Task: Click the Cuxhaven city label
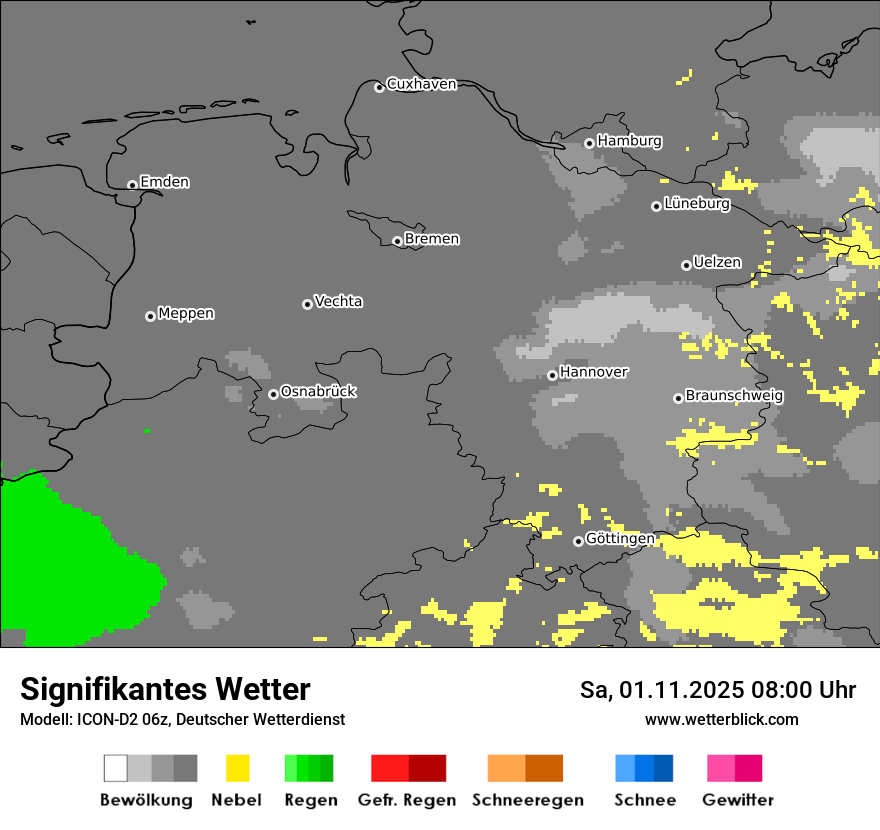click(421, 84)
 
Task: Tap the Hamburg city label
click(629, 141)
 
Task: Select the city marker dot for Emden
click(132, 185)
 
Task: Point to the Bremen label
click(432, 239)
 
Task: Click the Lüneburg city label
click(696, 204)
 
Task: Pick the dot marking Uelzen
click(686, 265)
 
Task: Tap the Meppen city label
click(186, 314)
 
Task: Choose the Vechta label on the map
click(338, 302)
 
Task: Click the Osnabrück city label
click(318, 392)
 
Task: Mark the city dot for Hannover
click(552, 375)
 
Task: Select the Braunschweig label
click(734, 396)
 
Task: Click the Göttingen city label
click(620, 539)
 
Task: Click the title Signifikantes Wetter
click(165, 690)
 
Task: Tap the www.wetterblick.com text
click(721, 719)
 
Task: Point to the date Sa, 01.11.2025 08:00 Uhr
click(717, 690)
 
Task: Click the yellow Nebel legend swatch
click(237, 768)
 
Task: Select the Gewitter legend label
click(737, 800)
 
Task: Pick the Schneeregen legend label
click(527, 800)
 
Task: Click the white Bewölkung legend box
click(115, 768)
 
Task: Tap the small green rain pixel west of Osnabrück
click(147, 431)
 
